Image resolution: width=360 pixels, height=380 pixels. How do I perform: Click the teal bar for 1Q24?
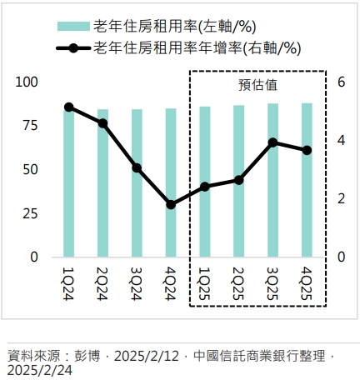click(68, 183)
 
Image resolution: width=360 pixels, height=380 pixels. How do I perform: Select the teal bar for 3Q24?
click(137, 183)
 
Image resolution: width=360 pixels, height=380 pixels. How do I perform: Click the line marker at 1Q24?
click(68, 107)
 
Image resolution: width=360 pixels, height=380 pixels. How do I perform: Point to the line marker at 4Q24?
click(171, 204)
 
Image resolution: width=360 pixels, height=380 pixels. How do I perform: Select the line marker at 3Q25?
click(272, 142)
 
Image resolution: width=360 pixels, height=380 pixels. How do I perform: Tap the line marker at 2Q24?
click(102, 123)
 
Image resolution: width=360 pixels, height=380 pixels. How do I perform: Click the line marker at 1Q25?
click(205, 187)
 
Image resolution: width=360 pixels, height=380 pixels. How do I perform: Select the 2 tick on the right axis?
click(341, 198)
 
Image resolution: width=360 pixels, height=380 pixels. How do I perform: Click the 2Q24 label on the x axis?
click(102, 279)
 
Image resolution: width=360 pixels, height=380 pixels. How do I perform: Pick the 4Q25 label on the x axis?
click(307, 279)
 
